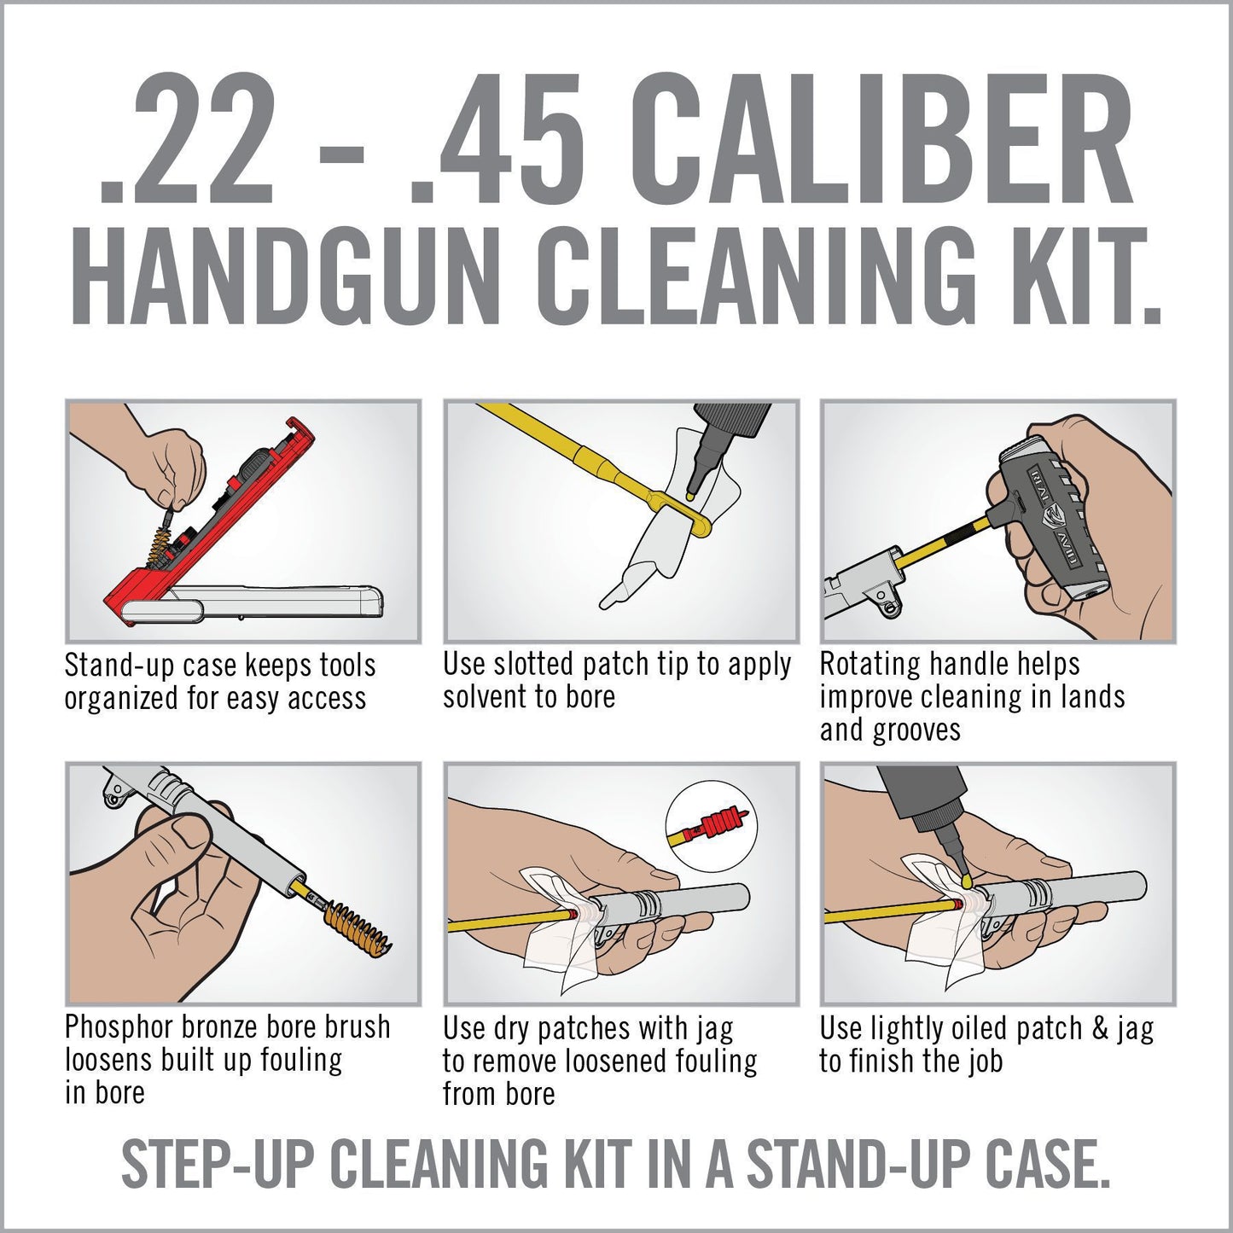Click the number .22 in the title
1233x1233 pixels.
[188, 139]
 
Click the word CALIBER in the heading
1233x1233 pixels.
[883, 139]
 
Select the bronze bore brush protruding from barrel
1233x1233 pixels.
[357, 928]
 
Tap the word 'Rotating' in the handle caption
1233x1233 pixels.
[870, 665]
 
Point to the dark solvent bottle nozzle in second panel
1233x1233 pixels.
[707, 461]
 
